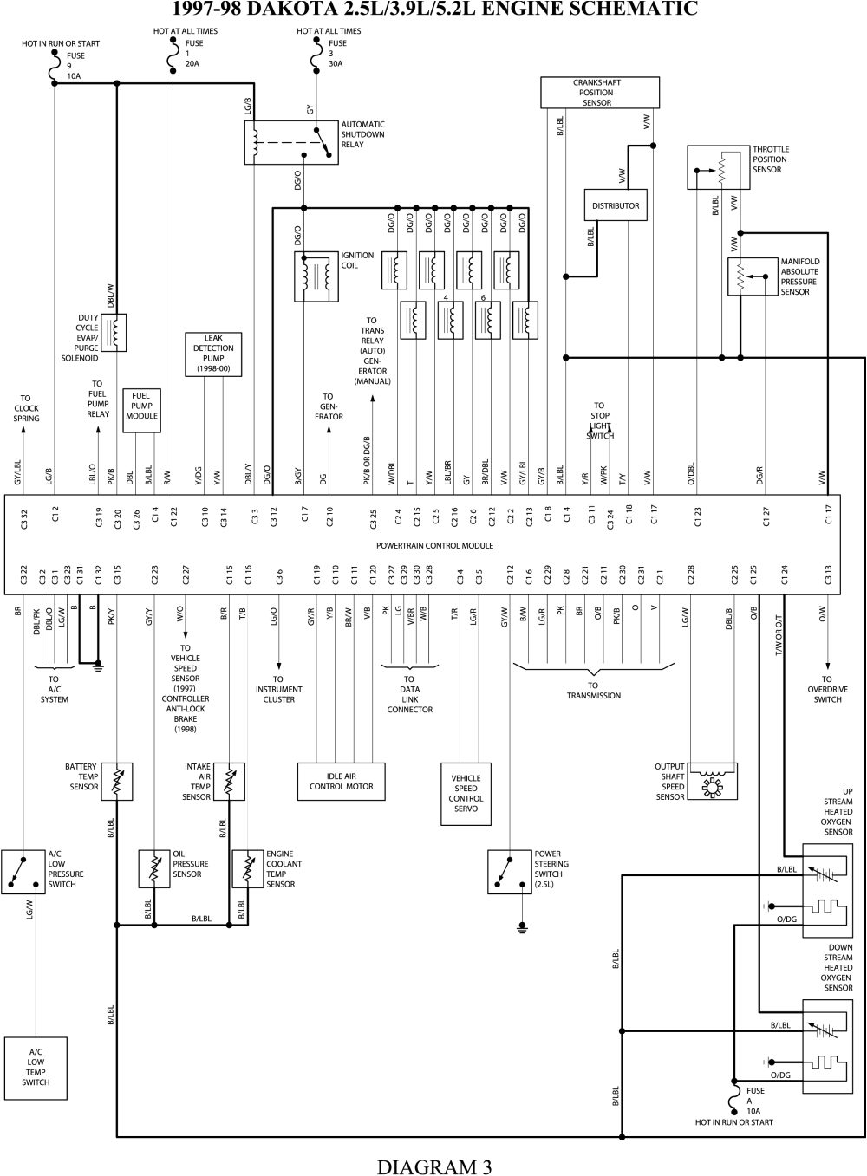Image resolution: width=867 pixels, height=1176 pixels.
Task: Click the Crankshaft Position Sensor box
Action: point(600,93)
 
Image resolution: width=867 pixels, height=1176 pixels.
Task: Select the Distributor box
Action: point(616,205)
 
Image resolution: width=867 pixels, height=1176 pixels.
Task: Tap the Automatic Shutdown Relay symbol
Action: point(290,141)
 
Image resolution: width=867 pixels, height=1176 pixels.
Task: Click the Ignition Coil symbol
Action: point(316,276)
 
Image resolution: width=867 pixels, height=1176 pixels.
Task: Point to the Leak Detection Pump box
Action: point(213,354)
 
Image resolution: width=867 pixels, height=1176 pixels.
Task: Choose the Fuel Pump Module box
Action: point(141,406)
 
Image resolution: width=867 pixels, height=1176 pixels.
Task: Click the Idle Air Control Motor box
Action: point(341,782)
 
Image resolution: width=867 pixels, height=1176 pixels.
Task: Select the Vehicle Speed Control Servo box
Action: point(466,793)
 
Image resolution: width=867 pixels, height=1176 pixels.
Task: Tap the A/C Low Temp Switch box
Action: point(36,1068)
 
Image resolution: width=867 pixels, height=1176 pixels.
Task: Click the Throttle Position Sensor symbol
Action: point(719,166)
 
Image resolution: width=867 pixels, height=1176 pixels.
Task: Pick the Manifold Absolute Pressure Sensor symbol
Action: point(752,276)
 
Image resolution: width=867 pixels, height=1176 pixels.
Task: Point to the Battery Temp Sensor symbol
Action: point(117,782)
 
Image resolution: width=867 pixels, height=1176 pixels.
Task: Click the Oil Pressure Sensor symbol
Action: point(153,868)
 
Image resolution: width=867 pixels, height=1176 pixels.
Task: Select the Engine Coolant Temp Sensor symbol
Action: point(248,868)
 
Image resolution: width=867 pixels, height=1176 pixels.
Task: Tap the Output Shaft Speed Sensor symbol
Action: point(712,781)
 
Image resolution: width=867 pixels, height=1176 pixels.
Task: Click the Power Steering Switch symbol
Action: point(510,871)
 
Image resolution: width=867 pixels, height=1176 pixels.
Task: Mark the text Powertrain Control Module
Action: point(434,546)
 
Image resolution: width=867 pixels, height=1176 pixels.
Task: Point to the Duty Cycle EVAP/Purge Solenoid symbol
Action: point(114,332)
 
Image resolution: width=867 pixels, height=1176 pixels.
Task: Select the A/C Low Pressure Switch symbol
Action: point(23,871)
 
